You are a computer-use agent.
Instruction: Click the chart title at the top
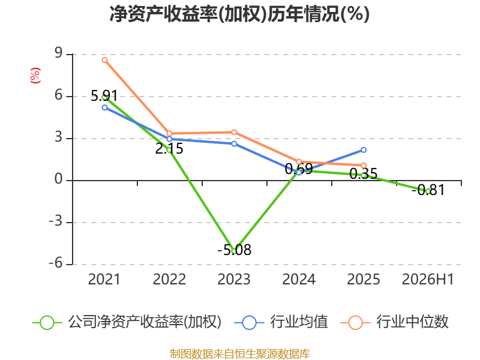tap(239, 14)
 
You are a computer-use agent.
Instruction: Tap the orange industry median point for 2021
tap(104, 60)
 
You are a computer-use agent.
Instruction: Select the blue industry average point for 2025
tap(364, 150)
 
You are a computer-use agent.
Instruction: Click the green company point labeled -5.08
tap(234, 251)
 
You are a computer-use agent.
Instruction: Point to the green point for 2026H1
tap(428, 191)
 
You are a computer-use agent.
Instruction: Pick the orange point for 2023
tap(234, 132)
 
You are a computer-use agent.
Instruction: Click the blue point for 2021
tap(104, 107)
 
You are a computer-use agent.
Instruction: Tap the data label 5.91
tap(104, 96)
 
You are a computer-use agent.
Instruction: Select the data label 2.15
tap(169, 149)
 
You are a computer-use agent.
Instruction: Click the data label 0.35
tap(364, 174)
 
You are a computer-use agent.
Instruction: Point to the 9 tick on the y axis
tap(58, 53)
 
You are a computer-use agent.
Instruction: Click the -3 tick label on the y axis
tap(56, 221)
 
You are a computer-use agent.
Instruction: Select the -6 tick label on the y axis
tap(56, 263)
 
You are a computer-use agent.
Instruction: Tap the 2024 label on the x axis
tap(299, 279)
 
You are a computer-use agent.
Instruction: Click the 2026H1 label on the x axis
tap(428, 279)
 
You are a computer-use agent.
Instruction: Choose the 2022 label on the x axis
tap(169, 279)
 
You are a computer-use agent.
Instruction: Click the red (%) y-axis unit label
tap(35, 76)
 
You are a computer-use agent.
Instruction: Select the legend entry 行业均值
tap(281, 322)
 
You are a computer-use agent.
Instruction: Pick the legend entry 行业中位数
tap(395, 322)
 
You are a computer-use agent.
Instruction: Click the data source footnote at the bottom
tap(240, 354)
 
